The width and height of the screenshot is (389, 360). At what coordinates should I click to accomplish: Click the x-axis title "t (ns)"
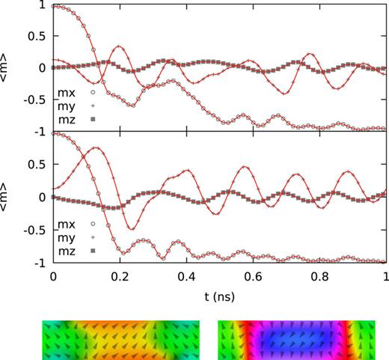pyautogui.click(x=218, y=296)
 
